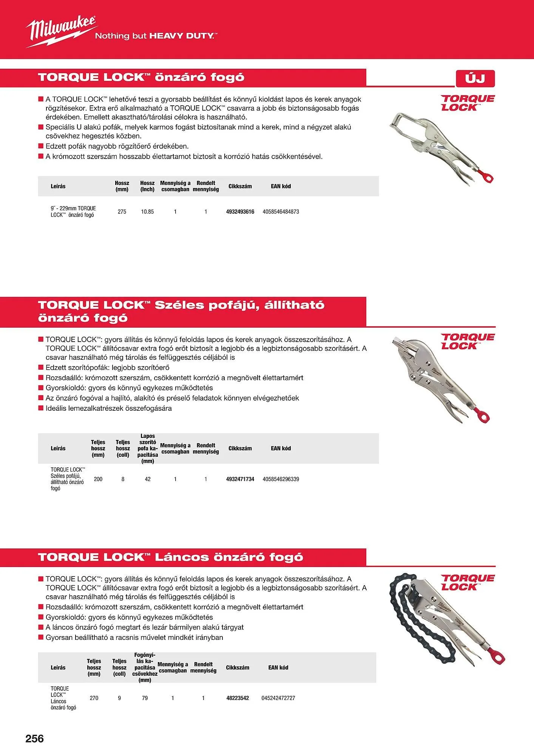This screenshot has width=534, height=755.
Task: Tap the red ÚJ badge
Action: (475, 79)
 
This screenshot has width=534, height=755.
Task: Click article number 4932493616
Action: (240, 212)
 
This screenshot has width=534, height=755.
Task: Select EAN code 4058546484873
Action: (281, 212)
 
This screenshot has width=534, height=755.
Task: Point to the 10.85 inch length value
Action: (147, 212)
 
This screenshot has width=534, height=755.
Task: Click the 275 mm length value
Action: (122, 212)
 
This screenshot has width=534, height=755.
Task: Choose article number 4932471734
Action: (240, 479)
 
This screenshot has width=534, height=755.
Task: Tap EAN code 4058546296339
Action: (281, 479)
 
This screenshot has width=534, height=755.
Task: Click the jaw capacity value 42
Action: (148, 479)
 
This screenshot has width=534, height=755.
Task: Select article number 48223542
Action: (238, 698)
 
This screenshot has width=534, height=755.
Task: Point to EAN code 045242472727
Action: (278, 698)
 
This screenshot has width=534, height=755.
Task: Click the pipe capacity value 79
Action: (145, 698)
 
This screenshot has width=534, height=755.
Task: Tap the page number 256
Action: (35, 738)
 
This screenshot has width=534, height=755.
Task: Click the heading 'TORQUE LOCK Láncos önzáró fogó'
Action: (170, 557)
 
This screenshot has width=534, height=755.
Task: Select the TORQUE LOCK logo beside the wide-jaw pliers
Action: (468, 341)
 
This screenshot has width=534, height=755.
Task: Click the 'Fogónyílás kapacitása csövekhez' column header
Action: (145, 667)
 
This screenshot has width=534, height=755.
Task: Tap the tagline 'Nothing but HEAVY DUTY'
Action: (156, 36)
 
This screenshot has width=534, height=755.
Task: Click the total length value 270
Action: (94, 698)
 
